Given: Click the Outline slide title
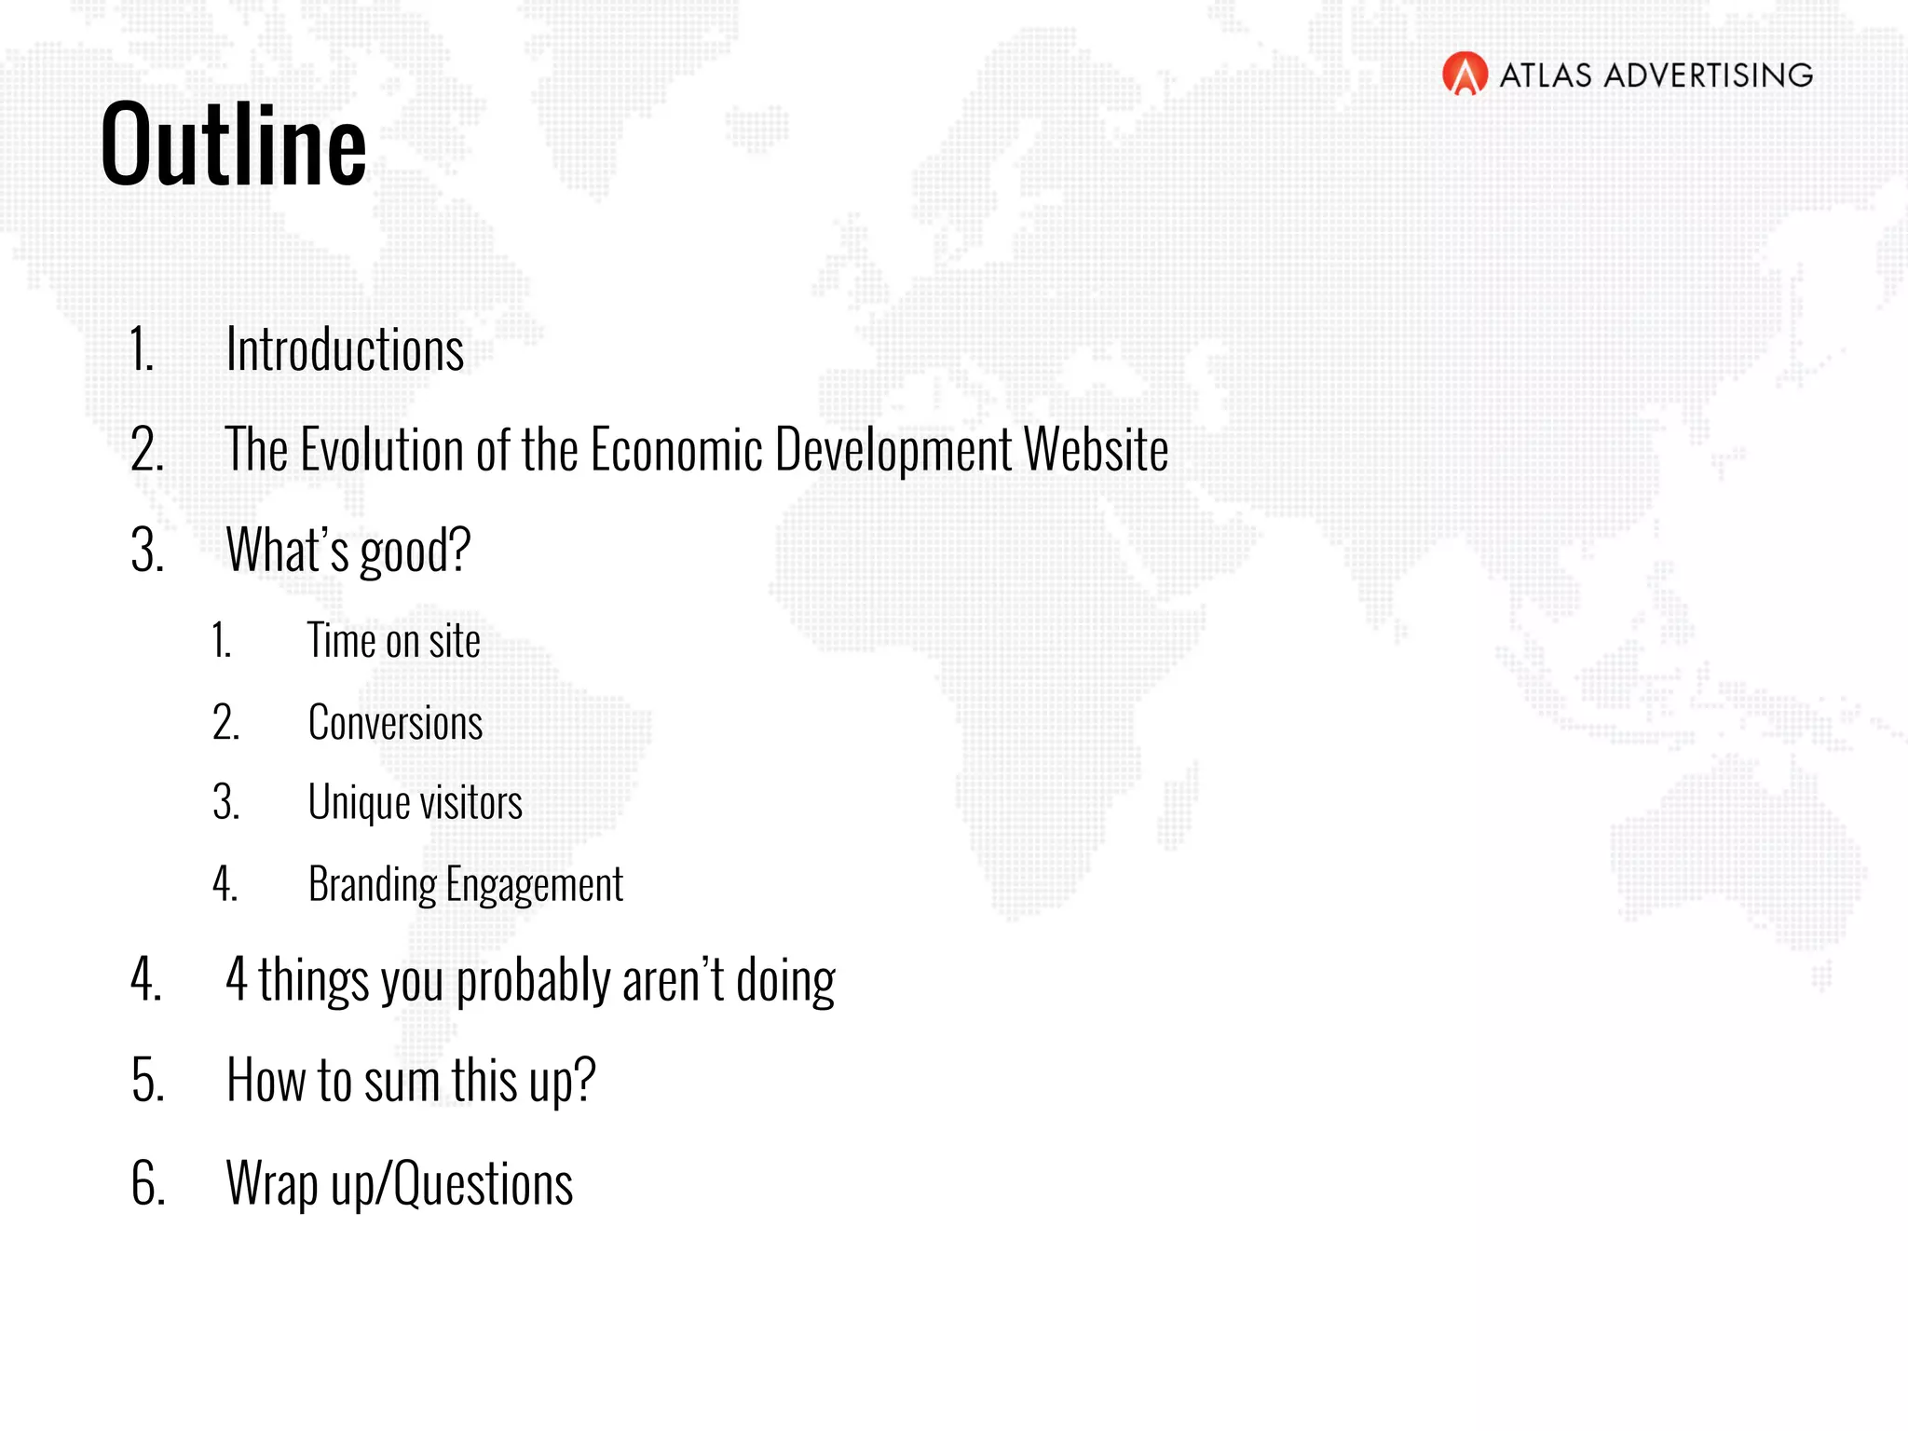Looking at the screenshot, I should click(x=234, y=144).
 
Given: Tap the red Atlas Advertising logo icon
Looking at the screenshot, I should click(x=1465, y=75).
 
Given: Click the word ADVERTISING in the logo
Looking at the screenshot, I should click(x=1708, y=75).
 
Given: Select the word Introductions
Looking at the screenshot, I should click(x=345, y=350).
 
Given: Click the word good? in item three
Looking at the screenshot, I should click(x=416, y=551).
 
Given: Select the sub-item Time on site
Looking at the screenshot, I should click(x=394, y=641).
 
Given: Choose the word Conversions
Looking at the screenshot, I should click(x=395, y=723).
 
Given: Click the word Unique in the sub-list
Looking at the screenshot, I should click(x=359, y=803).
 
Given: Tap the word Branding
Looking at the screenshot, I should click(x=372, y=885).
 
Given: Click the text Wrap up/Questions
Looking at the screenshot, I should click(x=400, y=1184).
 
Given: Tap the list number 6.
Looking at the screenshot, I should click(x=147, y=1184).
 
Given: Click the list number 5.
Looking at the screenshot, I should click(x=147, y=1082).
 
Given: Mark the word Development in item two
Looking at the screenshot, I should click(x=893, y=450).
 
